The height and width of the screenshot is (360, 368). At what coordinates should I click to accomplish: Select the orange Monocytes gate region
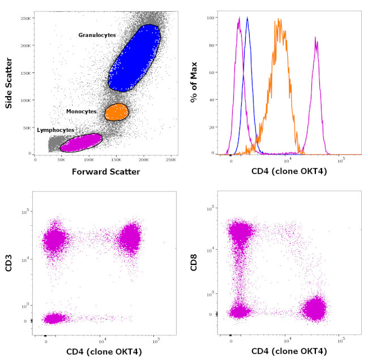tap(117, 112)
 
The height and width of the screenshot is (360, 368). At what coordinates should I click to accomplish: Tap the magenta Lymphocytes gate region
tap(80, 142)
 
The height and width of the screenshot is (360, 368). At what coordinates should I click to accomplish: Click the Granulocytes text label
tap(97, 35)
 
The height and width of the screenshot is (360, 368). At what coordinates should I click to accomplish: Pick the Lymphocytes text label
tap(55, 130)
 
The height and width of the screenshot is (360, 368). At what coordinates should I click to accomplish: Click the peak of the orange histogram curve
tap(279, 20)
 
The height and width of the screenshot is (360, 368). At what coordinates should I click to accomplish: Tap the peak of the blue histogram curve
tap(247, 18)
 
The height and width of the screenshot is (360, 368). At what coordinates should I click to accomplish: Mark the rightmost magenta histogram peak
tap(316, 38)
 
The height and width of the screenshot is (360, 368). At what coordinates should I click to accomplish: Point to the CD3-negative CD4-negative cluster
tap(54, 319)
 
